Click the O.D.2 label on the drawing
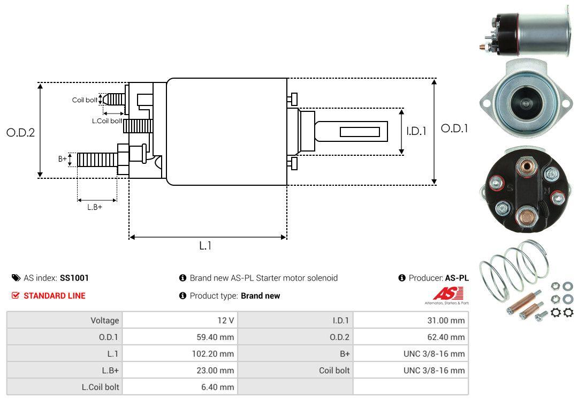pos(20,132)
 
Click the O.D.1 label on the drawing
pos(454,128)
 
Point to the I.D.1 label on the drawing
pos(416,131)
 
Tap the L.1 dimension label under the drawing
pos(206,246)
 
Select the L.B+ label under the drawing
pos(95,207)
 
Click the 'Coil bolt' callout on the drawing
pos(85,100)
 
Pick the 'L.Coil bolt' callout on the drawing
pos(107,121)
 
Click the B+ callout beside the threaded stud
pos(63,159)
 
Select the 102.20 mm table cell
pos(213,353)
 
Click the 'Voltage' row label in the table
pos(104,320)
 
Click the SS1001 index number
pos(74,278)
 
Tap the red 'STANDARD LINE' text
pos(54,296)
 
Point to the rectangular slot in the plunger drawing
pos(360,132)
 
